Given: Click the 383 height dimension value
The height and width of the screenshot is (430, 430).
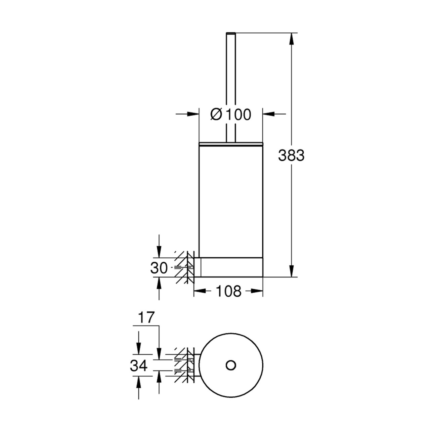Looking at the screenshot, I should coord(291,156).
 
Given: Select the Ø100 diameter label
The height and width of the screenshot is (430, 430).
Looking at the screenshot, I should coord(230,115).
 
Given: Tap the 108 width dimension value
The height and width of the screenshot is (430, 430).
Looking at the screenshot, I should coord(228,291).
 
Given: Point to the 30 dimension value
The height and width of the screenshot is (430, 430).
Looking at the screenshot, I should coord(159,268).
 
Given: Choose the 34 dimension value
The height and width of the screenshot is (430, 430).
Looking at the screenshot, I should coord(139,365).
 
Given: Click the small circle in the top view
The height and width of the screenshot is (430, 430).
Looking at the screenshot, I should coord(231,365).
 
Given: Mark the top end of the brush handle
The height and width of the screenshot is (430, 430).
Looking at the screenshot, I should coord(231,33).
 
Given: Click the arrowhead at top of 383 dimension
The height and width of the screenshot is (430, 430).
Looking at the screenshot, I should coord(292,38).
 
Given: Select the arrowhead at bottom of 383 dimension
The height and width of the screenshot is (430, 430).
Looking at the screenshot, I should coord(292,271).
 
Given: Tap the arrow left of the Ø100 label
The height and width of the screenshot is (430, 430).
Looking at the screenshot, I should coord(193,114).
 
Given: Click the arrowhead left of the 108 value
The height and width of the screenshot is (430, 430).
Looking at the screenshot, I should coord(199,291).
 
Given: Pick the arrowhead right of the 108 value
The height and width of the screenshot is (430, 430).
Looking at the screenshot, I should coord(258,291).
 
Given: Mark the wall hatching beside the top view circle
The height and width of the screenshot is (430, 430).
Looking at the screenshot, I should coord(183,365).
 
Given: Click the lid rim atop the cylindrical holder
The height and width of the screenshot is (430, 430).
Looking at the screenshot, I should coord(231,144).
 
